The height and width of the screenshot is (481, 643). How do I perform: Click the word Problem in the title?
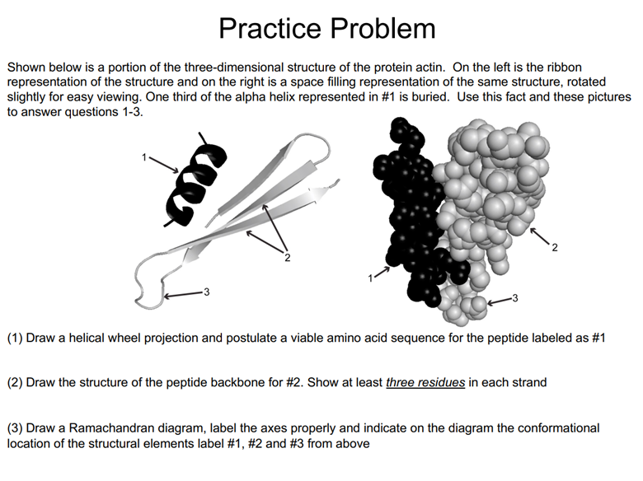point(383,29)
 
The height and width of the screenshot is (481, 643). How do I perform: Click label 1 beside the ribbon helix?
point(144,157)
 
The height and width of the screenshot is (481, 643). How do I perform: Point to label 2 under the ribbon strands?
point(287,259)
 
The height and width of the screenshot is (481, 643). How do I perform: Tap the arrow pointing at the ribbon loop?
point(182,293)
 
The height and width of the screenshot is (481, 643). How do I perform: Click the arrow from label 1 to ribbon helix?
point(165,166)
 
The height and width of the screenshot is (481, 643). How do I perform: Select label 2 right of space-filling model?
point(554,247)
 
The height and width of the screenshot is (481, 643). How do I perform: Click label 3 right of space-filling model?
point(515,297)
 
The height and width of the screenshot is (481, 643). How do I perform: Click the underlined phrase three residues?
point(425,383)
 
